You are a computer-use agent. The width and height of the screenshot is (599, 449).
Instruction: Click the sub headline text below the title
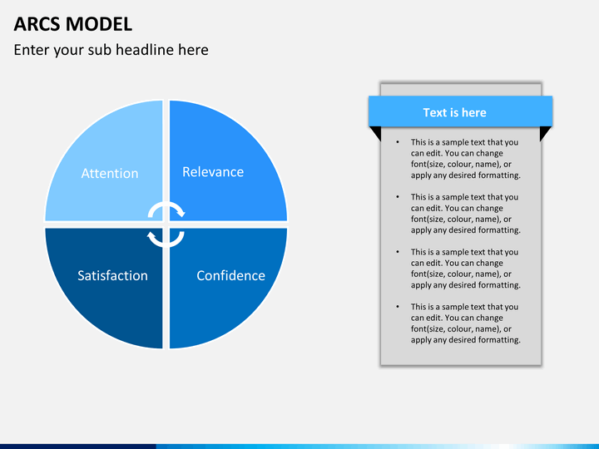[111, 50]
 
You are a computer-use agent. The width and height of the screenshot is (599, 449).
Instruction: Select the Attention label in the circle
[110, 173]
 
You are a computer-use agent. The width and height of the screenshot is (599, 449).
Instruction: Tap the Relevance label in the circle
[213, 172]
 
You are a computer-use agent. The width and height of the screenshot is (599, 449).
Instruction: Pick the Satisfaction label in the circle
[112, 275]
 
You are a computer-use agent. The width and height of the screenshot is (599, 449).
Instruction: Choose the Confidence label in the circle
[230, 275]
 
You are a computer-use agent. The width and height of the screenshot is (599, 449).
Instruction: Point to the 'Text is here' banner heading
[454, 112]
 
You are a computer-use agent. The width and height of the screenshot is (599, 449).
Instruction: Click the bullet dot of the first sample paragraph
[398, 142]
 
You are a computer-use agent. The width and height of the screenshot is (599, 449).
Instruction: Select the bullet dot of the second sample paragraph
[398, 197]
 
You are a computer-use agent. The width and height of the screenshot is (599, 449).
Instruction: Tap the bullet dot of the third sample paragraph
[398, 252]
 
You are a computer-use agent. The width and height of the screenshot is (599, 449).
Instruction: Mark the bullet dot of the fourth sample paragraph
[398, 307]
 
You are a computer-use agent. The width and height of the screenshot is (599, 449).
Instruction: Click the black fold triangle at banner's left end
[375, 134]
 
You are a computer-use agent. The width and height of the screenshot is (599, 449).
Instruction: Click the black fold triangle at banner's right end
[545, 134]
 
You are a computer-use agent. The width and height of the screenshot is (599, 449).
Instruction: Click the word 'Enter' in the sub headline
[31, 50]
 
